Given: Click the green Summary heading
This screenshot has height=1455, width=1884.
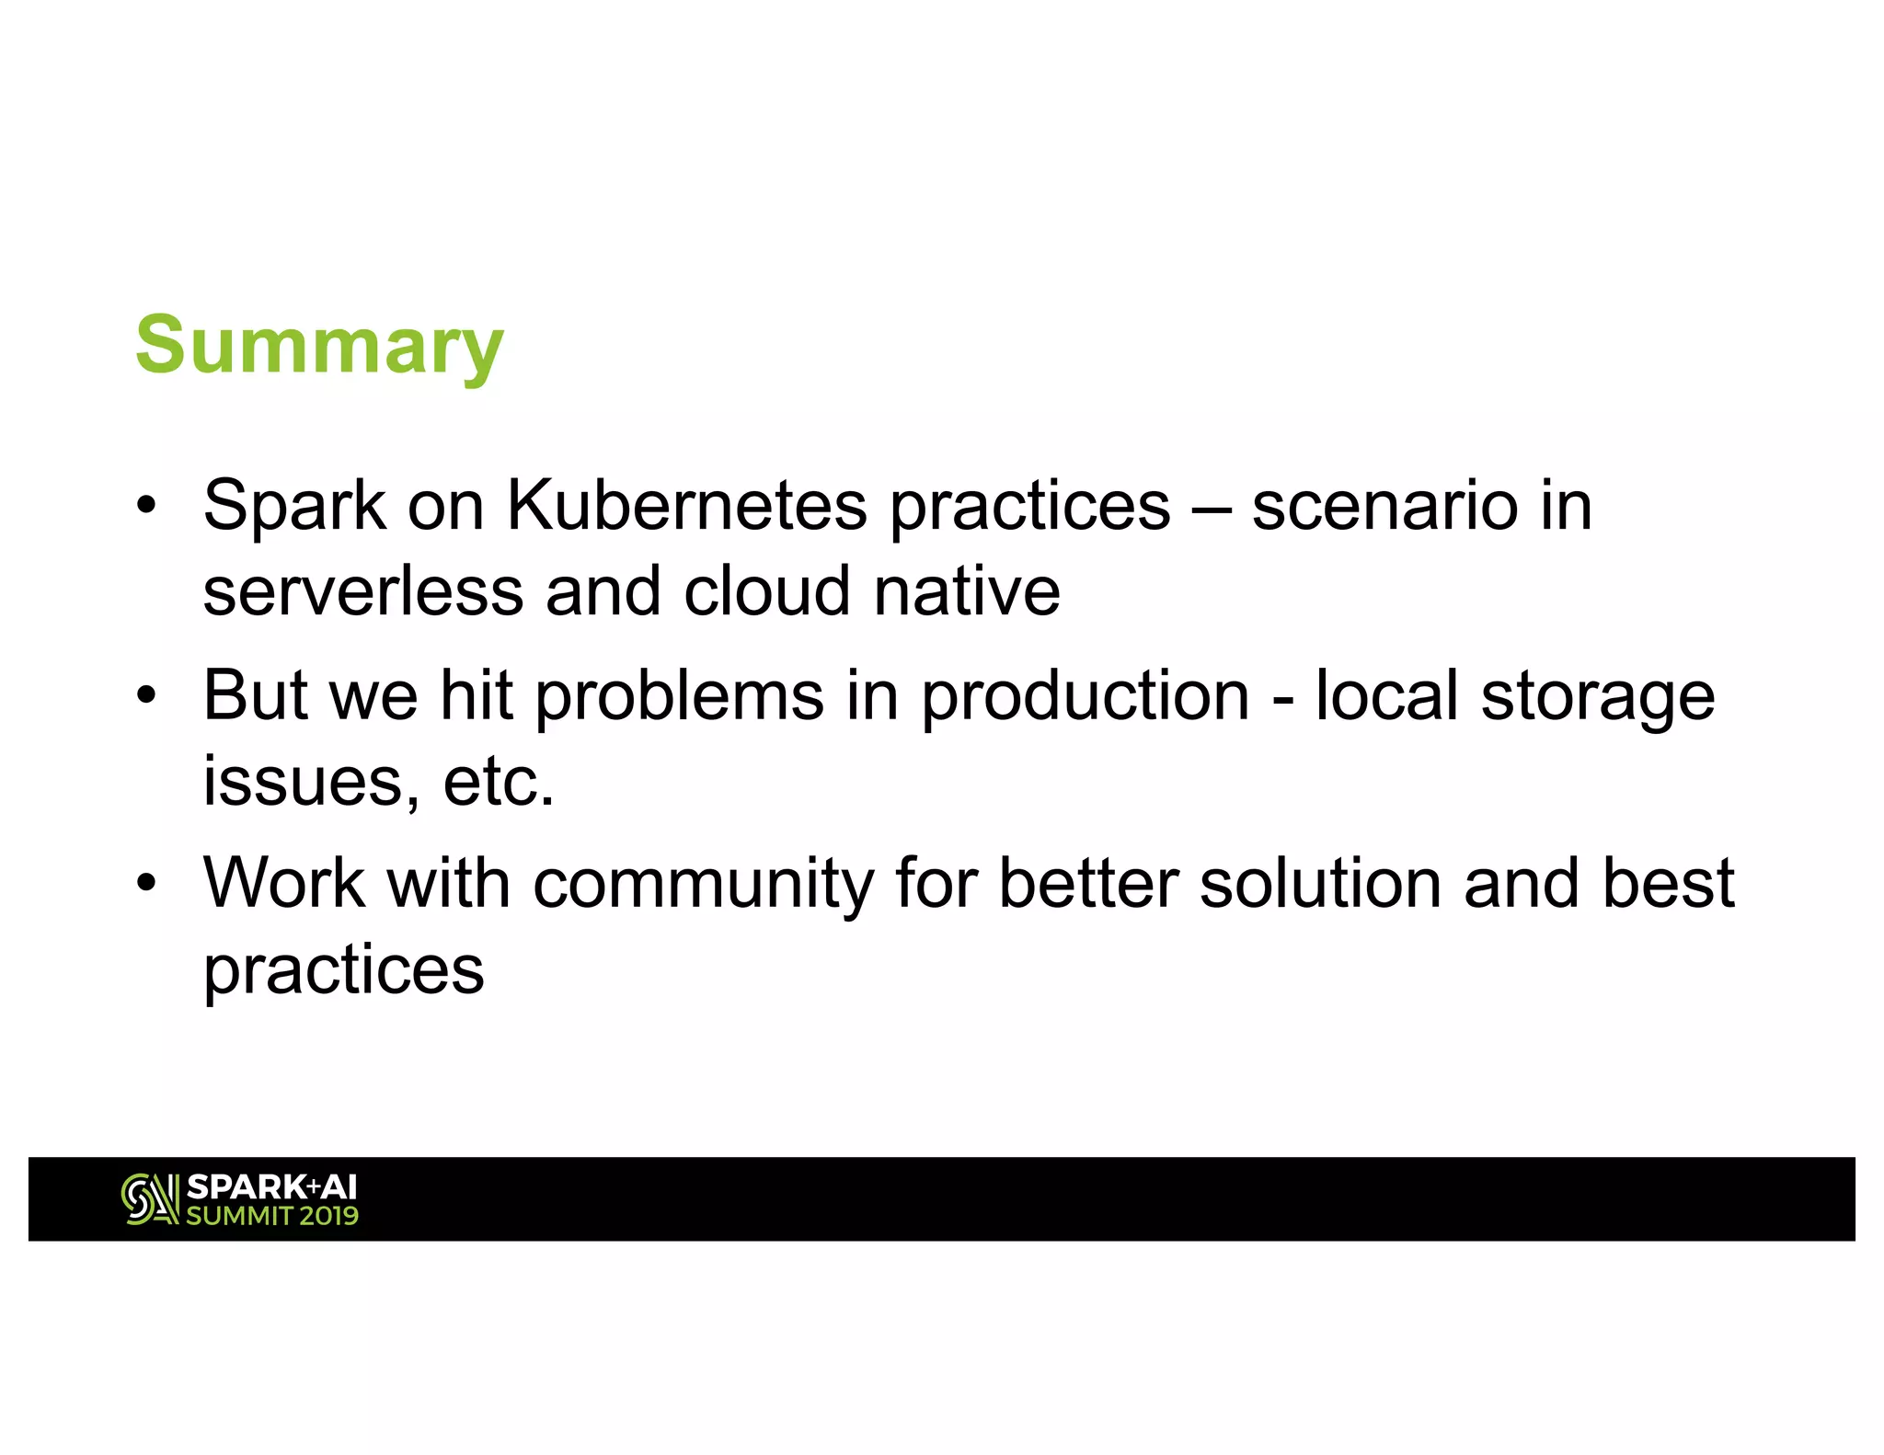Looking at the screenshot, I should (x=319, y=346).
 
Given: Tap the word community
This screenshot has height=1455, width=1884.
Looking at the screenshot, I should (x=703, y=885).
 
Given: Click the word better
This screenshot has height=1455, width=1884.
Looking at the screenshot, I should (x=1088, y=883).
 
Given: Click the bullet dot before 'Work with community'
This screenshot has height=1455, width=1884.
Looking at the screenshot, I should (x=145, y=883).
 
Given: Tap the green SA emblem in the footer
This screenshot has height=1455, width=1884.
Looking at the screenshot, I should (x=149, y=1199).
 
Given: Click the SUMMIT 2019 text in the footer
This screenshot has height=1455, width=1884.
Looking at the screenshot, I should (x=272, y=1216).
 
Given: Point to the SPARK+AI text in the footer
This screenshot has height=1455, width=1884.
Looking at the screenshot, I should (x=271, y=1186).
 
